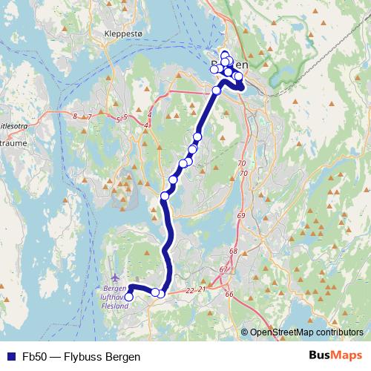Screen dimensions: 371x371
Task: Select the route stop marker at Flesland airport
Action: (x=128, y=297)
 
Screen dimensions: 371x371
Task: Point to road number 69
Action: (x=240, y=215)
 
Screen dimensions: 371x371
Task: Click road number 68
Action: (x=233, y=252)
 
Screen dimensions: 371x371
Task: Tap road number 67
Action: (x=223, y=269)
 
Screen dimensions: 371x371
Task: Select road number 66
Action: (x=229, y=295)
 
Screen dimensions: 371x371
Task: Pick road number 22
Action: (x=190, y=290)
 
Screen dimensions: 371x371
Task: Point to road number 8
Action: (x=76, y=116)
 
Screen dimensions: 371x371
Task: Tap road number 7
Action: (x=89, y=117)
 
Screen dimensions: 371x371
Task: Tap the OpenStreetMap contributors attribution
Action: (x=306, y=332)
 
